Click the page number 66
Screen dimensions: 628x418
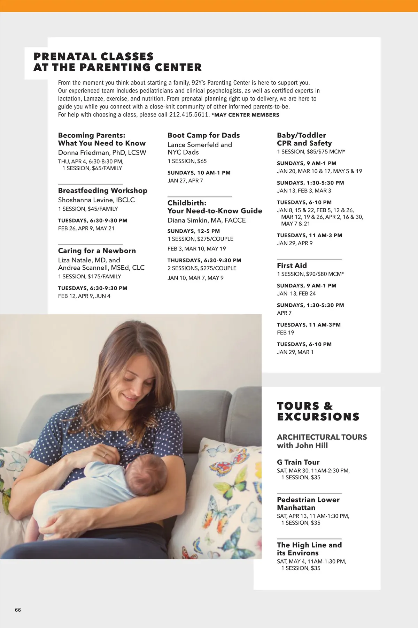(x=18, y=610)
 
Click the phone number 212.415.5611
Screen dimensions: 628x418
(x=189, y=115)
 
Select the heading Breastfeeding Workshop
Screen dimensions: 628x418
(x=102, y=190)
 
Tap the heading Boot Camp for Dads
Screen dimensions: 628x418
(x=203, y=135)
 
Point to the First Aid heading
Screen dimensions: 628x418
(x=292, y=266)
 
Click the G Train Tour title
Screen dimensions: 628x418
(x=298, y=462)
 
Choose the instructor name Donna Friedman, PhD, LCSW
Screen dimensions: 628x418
(x=102, y=152)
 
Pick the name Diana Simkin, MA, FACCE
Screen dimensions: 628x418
(x=207, y=220)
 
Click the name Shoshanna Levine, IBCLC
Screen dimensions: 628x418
(x=96, y=200)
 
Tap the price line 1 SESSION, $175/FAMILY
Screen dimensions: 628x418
(x=90, y=276)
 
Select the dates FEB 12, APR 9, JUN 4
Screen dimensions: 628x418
(x=84, y=296)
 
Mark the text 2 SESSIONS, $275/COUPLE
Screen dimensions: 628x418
(x=202, y=268)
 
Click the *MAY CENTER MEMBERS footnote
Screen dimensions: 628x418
(x=245, y=115)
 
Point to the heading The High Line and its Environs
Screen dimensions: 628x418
(x=309, y=549)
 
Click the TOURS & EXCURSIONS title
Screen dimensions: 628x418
(x=318, y=411)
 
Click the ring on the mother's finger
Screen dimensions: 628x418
(x=105, y=455)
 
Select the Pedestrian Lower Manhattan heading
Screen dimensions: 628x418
(x=308, y=503)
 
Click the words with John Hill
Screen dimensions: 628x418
(x=302, y=446)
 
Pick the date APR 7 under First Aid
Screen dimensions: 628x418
(x=284, y=313)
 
